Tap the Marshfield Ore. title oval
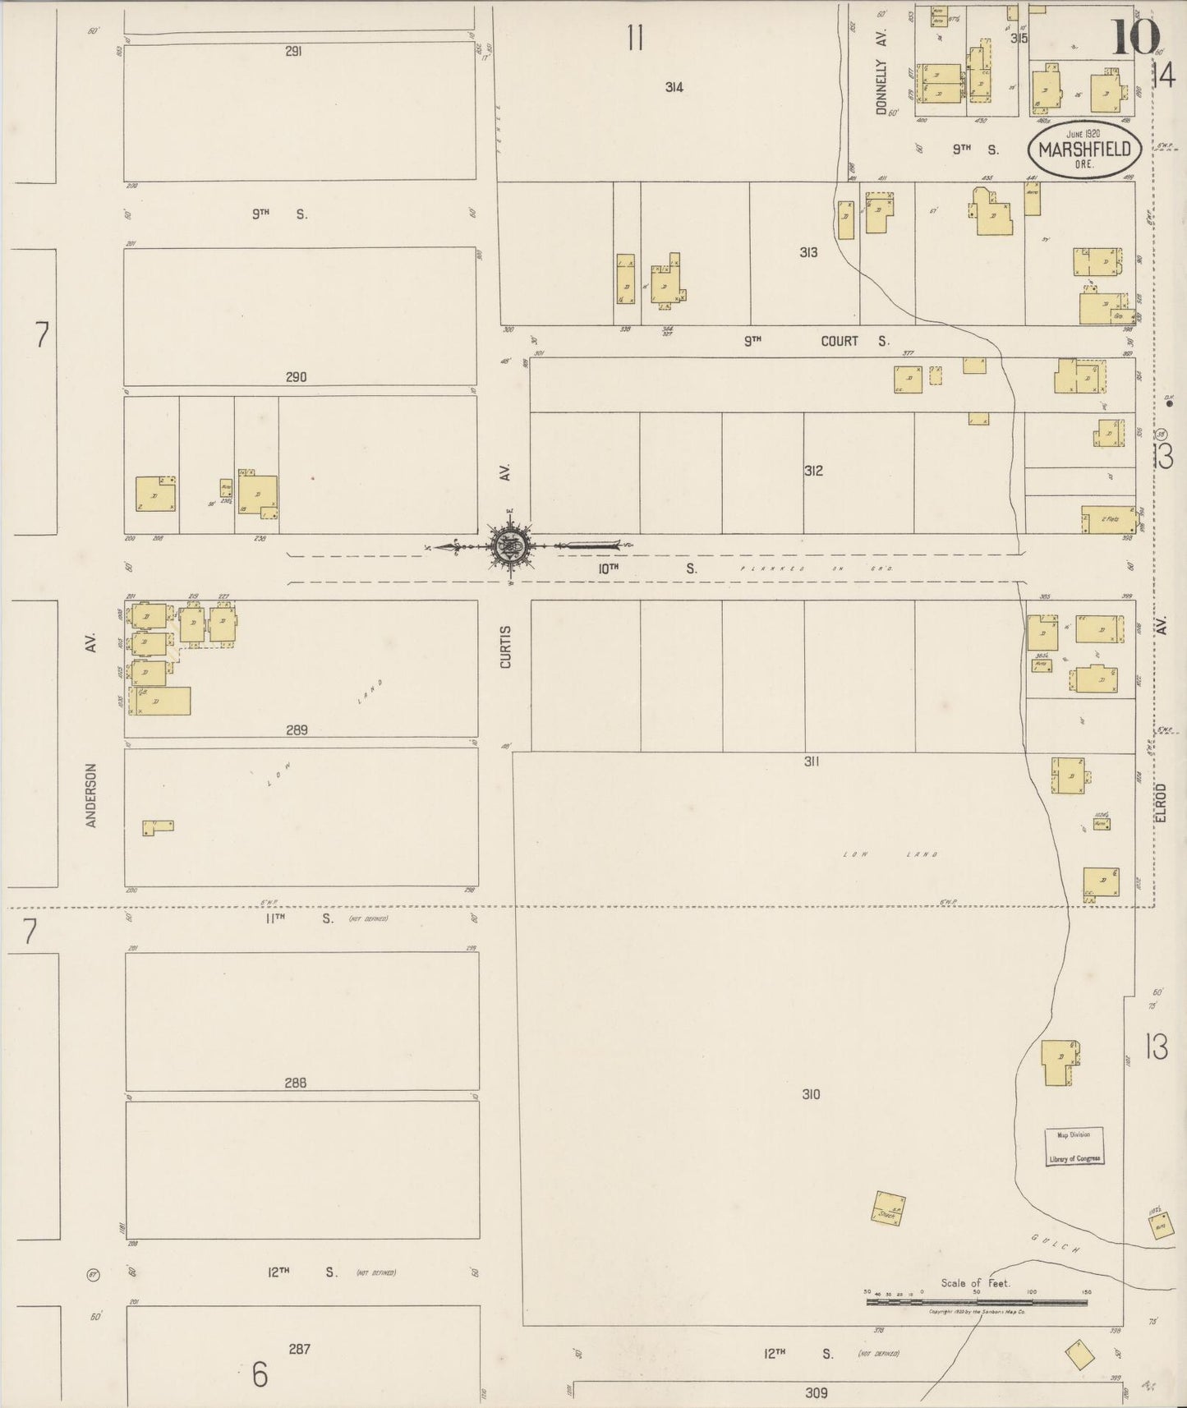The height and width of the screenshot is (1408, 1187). tap(1083, 149)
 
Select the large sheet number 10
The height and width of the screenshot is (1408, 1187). tap(1136, 37)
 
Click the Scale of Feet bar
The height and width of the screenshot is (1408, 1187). tap(976, 1302)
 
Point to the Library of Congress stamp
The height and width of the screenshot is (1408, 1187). tap(1074, 1146)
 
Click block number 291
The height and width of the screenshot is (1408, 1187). tap(294, 51)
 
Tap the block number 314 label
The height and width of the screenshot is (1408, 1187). tap(674, 87)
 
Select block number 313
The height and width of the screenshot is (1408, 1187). tap(808, 252)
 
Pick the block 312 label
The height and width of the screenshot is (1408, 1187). tap(812, 471)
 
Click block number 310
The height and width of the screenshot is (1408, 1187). tap(811, 1094)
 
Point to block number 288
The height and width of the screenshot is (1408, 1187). tap(295, 1083)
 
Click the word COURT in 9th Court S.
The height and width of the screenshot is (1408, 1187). tap(839, 341)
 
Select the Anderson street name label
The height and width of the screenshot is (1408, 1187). tap(91, 794)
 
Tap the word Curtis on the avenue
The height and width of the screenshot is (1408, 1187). tap(505, 646)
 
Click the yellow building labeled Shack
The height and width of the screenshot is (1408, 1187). tap(887, 1209)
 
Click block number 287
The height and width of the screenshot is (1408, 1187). tap(299, 1349)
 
